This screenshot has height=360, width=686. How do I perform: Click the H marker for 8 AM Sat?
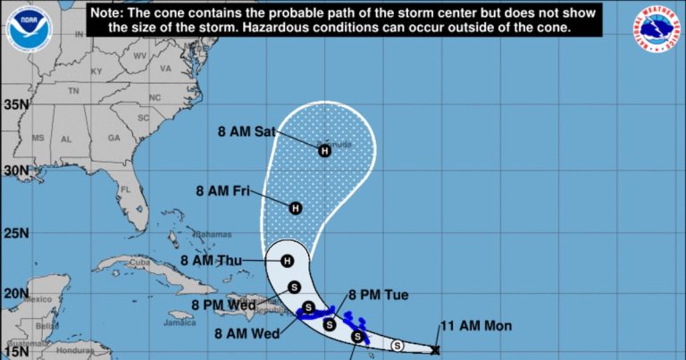(x=325, y=151)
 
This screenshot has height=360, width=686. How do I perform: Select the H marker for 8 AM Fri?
(x=296, y=208)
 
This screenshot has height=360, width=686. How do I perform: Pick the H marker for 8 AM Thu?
(x=287, y=261)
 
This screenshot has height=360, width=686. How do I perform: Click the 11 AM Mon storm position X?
(x=435, y=350)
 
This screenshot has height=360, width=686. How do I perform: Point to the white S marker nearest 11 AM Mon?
(x=397, y=346)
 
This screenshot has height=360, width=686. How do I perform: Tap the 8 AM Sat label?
(x=247, y=131)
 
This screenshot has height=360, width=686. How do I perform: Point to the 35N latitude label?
(x=16, y=104)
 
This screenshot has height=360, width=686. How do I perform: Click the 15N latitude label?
(x=16, y=347)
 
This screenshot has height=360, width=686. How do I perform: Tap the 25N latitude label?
(x=16, y=233)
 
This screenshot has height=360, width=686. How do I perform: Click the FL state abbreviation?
(x=126, y=190)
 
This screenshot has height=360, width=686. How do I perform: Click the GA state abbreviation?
(x=113, y=138)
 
